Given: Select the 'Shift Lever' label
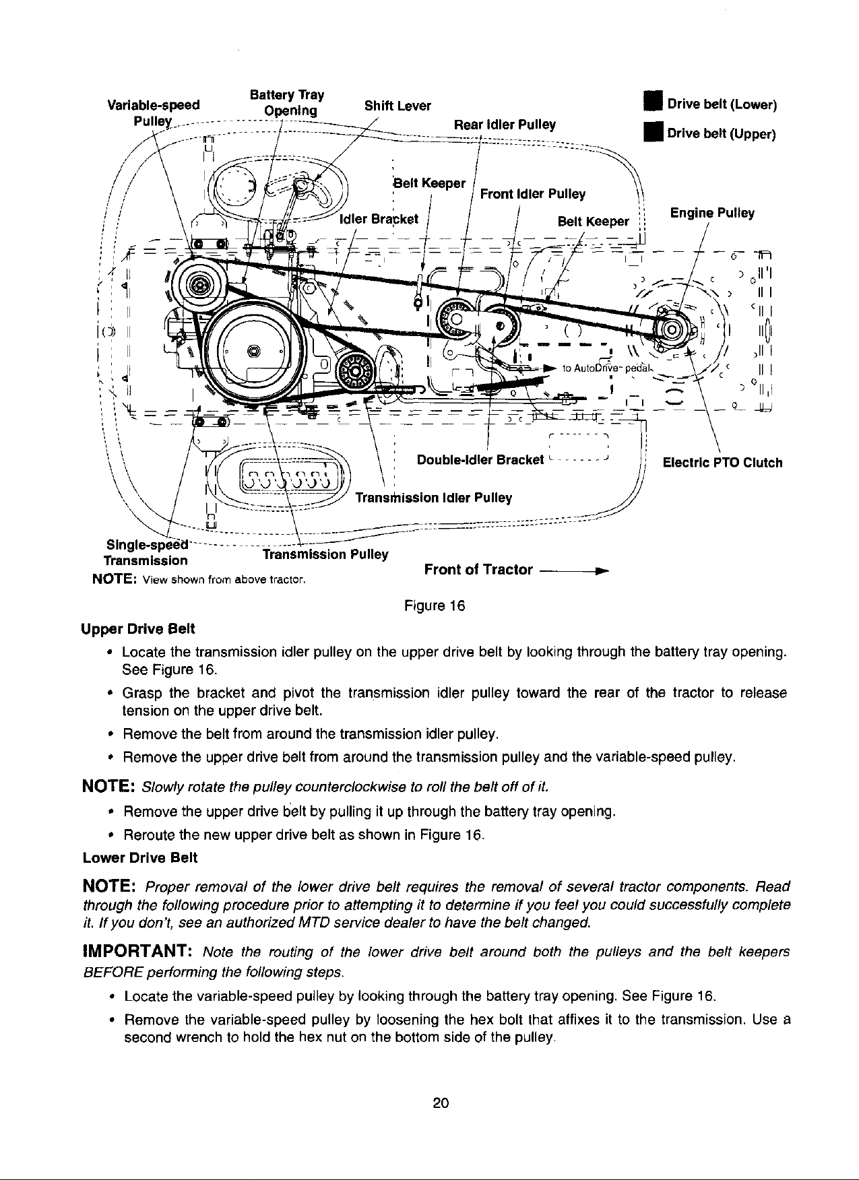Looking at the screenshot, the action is point(397,106).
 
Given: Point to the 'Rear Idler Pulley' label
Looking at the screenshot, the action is point(505,124).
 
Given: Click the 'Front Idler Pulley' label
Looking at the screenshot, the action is point(532,195).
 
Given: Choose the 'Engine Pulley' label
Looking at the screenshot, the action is point(712,214).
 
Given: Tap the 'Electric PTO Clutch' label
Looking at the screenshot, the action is point(723,463).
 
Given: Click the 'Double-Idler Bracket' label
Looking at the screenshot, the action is point(480,460).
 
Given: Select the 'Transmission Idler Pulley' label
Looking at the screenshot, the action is point(433,498).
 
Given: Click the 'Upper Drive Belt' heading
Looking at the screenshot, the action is point(137,629).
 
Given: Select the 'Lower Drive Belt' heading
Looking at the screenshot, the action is point(139,858).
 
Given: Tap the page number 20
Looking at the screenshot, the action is point(441,1103).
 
